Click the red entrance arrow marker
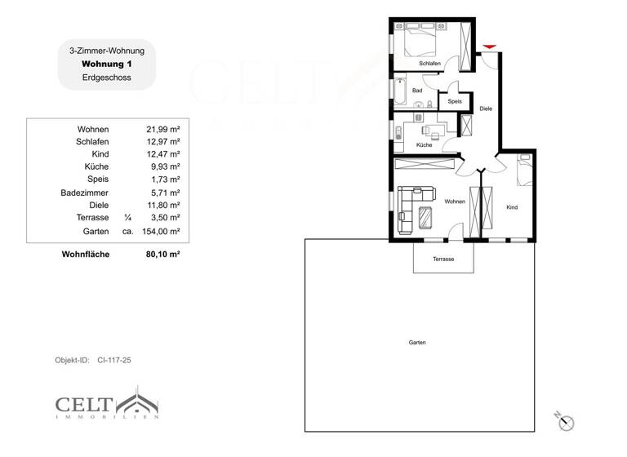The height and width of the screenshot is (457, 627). (x=490, y=47)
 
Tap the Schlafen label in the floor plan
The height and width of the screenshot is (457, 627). (x=430, y=64)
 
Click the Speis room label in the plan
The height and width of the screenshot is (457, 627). (x=455, y=101)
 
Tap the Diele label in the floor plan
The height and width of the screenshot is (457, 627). (x=486, y=108)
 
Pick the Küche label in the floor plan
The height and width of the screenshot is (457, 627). (x=424, y=144)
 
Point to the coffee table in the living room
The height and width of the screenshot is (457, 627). (x=427, y=218)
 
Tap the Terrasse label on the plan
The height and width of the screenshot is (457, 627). (x=443, y=259)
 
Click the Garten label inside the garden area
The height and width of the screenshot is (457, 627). (x=417, y=343)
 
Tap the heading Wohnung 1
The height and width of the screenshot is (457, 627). (x=107, y=64)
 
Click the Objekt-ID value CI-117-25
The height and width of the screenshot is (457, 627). (x=114, y=360)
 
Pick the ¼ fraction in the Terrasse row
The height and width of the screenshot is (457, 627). (x=127, y=218)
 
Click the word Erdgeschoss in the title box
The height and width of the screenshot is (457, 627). (x=107, y=78)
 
